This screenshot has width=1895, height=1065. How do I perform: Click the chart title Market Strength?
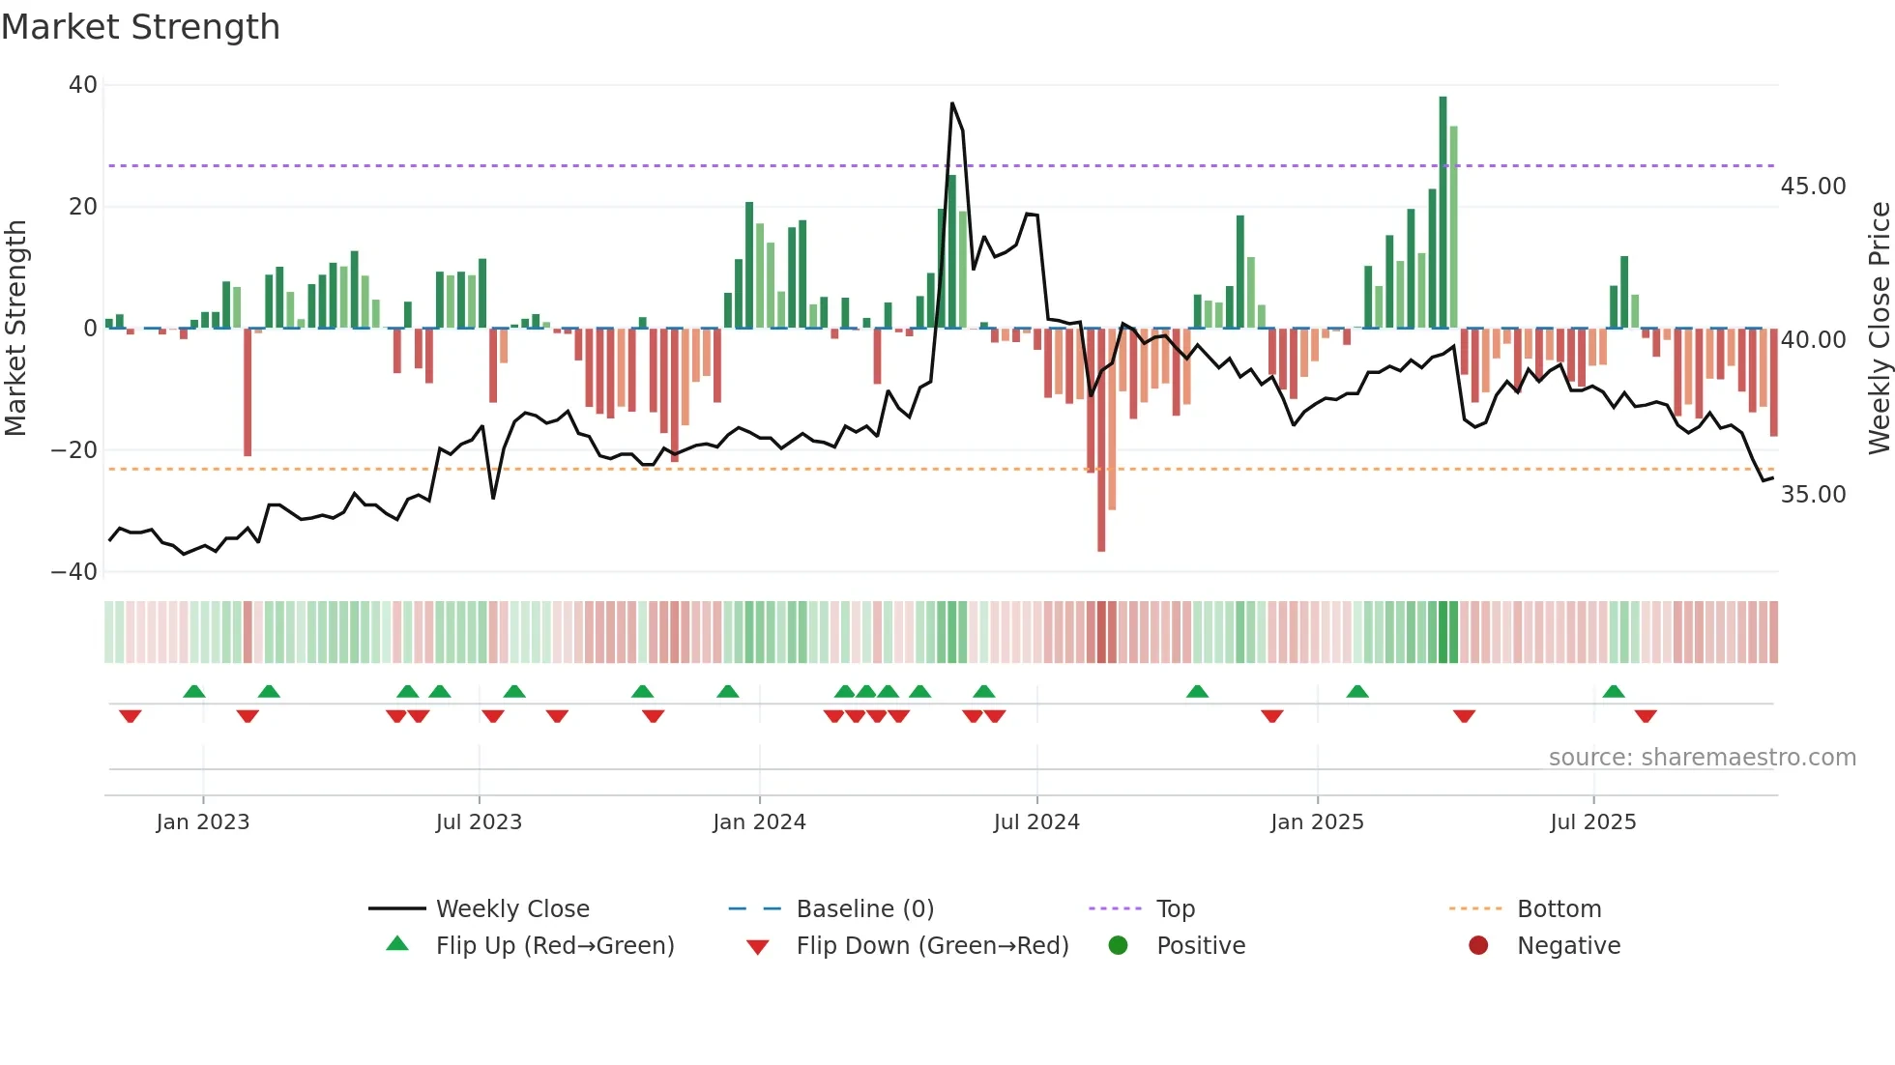tap(140, 27)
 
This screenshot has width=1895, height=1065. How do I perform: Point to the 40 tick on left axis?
tap(82, 85)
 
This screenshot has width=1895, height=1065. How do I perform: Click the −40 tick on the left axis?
tap(74, 571)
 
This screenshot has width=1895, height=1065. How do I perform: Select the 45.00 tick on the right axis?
tap(1813, 187)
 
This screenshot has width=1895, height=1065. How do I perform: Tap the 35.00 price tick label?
tap(1813, 495)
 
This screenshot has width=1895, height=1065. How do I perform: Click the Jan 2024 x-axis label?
tap(759, 822)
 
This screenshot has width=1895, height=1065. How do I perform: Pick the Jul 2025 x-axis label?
tap(1592, 822)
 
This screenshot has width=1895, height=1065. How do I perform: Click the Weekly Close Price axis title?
tap(1879, 329)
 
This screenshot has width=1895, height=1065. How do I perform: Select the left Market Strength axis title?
tap(15, 329)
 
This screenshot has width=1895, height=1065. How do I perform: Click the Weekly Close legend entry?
tap(511, 909)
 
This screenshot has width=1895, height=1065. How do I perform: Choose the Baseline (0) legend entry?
tap(864, 909)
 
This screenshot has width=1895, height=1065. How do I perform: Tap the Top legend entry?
tap(1175, 909)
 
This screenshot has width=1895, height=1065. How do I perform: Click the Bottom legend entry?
tap(1559, 909)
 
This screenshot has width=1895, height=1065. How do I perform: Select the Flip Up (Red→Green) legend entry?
tap(554, 946)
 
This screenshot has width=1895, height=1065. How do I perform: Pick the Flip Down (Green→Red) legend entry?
tap(932, 946)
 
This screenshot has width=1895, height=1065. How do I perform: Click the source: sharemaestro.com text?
tap(1702, 758)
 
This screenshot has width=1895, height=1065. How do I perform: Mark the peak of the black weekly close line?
tap(952, 103)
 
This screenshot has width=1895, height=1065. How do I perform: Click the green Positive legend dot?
tap(1118, 946)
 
